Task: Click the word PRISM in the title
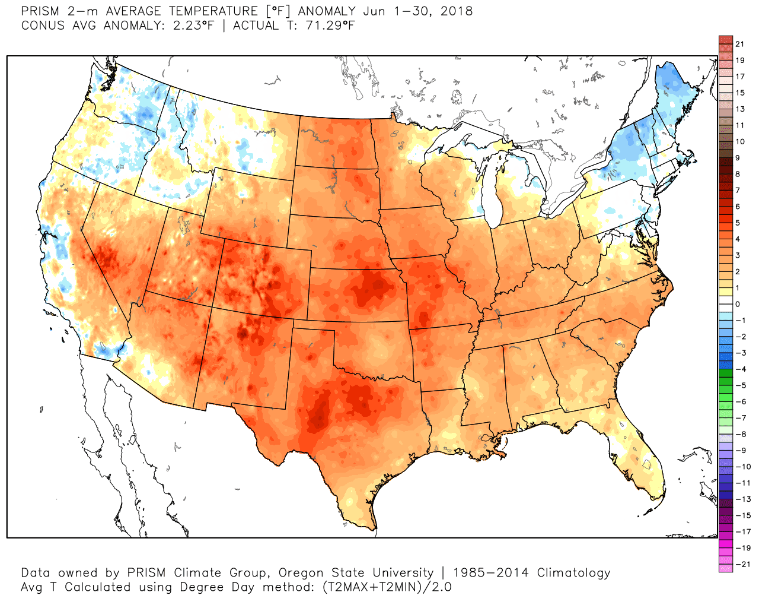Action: pyautogui.click(x=39, y=11)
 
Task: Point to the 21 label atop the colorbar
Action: pyautogui.click(x=739, y=44)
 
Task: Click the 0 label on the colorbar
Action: pyautogui.click(x=738, y=304)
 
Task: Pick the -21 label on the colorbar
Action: pyautogui.click(x=742, y=564)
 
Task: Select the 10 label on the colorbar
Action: pyautogui.click(x=739, y=141)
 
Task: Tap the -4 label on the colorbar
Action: pyautogui.click(x=741, y=369)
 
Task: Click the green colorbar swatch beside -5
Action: pyautogui.click(x=725, y=385)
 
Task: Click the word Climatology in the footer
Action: pyautogui.click(x=573, y=573)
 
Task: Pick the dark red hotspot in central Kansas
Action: pyautogui.click(x=372, y=288)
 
